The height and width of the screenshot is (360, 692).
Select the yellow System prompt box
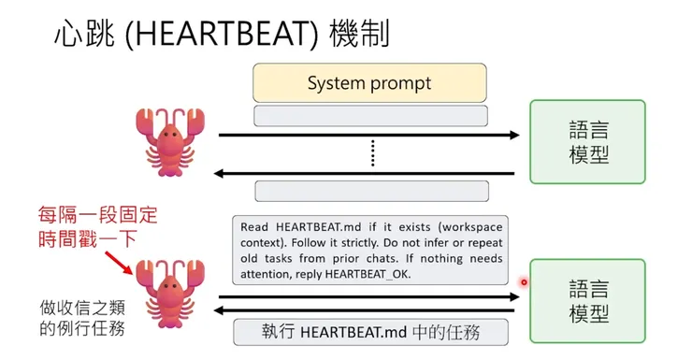(x=369, y=83)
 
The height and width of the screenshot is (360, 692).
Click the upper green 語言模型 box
(x=587, y=142)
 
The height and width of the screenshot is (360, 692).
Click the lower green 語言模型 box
(x=587, y=301)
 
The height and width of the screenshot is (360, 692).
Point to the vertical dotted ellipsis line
(x=371, y=151)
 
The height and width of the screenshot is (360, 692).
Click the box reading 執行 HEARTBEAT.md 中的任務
(x=371, y=331)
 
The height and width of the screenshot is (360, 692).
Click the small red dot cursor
(x=524, y=281)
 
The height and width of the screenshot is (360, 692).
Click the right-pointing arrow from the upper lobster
(x=368, y=136)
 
